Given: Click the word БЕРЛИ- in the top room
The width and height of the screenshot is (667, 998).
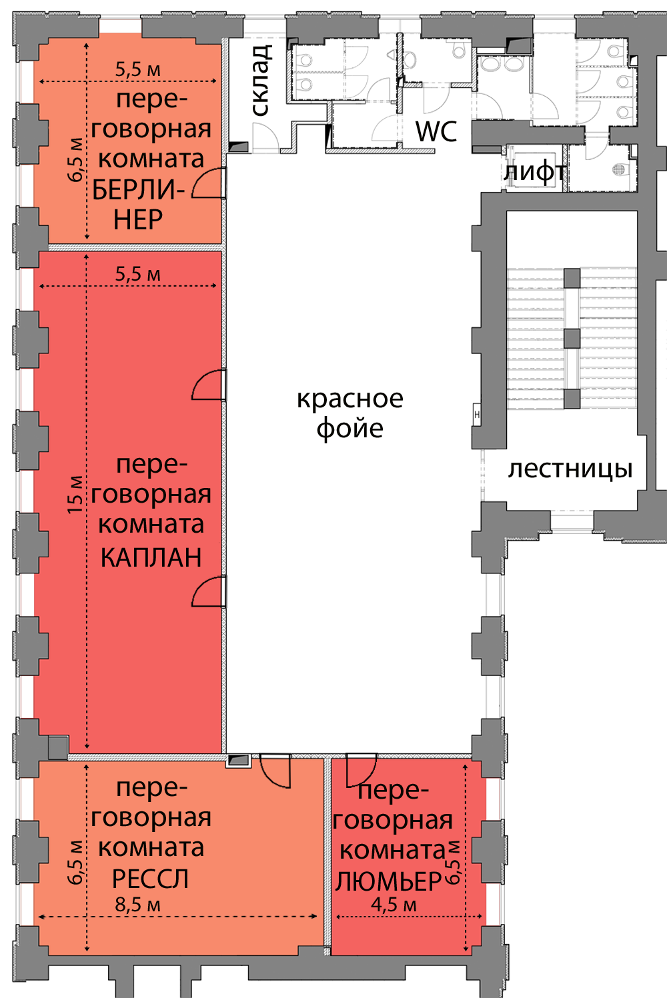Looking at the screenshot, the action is click(x=138, y=190).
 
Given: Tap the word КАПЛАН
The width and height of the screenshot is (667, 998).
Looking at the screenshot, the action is click(x=151, y=557).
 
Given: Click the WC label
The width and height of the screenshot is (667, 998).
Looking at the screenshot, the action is click(x=436, y=131).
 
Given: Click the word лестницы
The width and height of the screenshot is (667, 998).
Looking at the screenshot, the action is click(x=570, y=469).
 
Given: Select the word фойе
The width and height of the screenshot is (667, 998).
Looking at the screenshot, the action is click(x=350, y=429).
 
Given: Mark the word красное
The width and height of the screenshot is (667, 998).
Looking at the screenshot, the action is click(x=350, y=399).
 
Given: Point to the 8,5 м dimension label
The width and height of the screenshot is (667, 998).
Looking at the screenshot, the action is click(x=138, y=905).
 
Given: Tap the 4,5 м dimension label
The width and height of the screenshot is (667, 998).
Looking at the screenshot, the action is click(x=394, y=905).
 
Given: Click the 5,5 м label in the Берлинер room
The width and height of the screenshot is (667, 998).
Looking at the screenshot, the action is click(x=138, y=69).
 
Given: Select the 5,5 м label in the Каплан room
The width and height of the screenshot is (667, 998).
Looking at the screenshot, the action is click(x=138, y=274).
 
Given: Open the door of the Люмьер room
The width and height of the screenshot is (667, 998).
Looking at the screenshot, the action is click(x=362, y=769).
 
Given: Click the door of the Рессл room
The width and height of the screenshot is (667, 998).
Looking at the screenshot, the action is click(x=275, y=770).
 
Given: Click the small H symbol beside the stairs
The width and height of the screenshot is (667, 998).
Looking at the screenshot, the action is click(x=477, y=415).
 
